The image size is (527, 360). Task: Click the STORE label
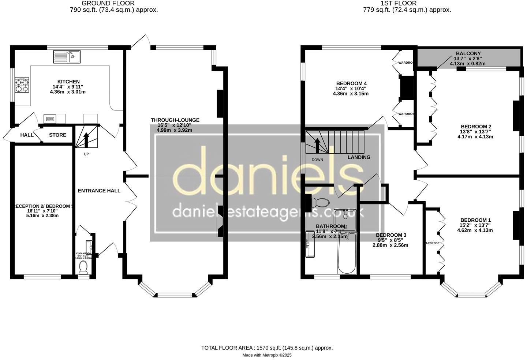pyautogui.click(x=58, y=135)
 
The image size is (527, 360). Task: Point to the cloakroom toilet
pyautogui.click(x=83, y=267)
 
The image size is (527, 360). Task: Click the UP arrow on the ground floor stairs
pyautogui.click(x=86, y=139)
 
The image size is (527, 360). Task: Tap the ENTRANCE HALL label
pyautogui.click(x=99, y=191)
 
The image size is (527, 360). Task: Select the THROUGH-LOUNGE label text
pyautogui.click(x=175, y=120)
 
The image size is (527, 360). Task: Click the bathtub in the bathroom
pyautogui.click(x=346, y=254)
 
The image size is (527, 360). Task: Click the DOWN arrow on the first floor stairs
pyautogui.click(x=317, y=145)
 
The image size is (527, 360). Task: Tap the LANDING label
pyautogui.click(x=359, y=157)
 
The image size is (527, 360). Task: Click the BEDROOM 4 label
pyautogui.click(x=351, y=83)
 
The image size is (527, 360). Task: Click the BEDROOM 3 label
pyautogui.click(x=390, y=235)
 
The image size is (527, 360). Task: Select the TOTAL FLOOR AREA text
pyautogui.click(x=267, y=348)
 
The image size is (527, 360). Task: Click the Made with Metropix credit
pyautogui.click(x=267, y=355)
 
